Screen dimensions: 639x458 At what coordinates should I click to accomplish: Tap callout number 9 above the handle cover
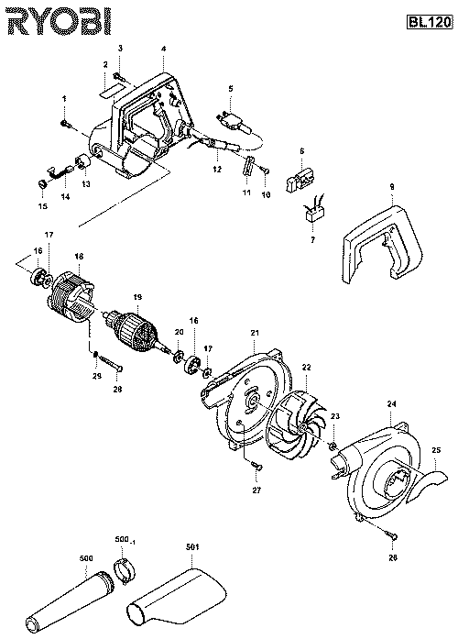click(391, 187)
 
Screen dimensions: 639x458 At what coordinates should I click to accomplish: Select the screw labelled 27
click(256, 468)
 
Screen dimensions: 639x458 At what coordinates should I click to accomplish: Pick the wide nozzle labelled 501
click(179, 595)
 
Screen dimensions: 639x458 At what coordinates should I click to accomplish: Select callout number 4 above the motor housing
click(163, 47)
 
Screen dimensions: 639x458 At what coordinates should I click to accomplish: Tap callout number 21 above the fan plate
click(254, 331)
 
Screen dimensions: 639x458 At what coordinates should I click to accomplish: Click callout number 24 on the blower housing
click(391, 403)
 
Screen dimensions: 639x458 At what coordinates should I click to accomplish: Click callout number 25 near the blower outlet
click(436, 450)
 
